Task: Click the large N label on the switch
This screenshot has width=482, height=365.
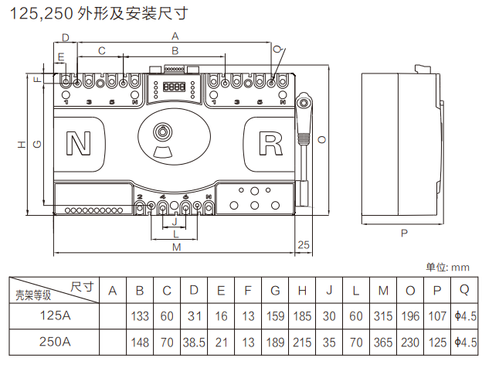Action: (x=78, y=143)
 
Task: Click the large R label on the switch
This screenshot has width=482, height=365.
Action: (x=271, y=143)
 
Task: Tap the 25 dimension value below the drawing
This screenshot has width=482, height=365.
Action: (x=304, y=244)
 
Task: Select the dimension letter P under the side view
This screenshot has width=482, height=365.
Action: (x=404, y=232)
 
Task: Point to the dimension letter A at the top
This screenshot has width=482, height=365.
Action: (x=175, y=36)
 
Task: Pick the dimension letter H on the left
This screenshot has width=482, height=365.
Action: (x=22, y=145)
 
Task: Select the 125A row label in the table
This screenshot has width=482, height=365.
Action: (x=55, y=316)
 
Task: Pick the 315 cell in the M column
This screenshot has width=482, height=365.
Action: (x=384, y=316)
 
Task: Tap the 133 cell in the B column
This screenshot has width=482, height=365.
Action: (x=140, y=316)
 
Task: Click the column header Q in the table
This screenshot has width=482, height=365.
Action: (x=464, y=290)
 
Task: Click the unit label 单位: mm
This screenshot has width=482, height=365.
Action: (x=448, y=267)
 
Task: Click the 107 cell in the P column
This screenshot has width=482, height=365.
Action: (x=437, y=316)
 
